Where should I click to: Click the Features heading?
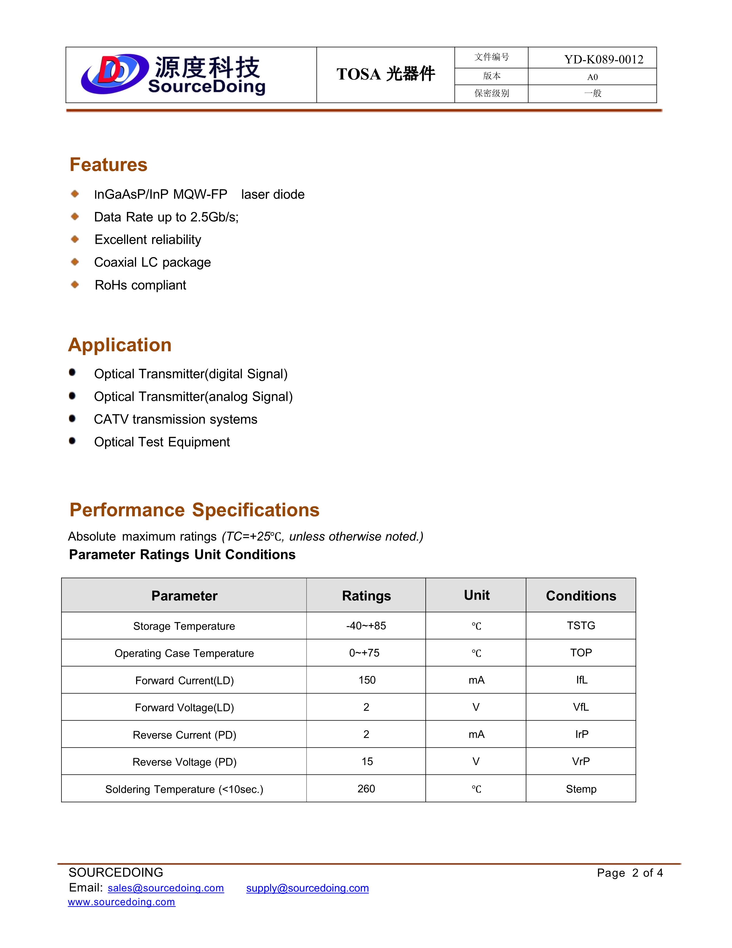[109, 165]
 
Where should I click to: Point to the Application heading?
[120, 345]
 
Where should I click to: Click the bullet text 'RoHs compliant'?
[140, 285]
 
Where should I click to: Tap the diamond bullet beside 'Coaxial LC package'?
[75, 262]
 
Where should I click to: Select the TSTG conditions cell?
[581, 625]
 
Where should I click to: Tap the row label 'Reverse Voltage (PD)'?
[184, 762]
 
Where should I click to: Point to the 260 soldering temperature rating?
[366, 789]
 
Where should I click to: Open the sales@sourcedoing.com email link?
[166, 888]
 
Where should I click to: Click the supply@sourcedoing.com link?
[307, 888]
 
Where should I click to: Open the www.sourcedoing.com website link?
[121, 902]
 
